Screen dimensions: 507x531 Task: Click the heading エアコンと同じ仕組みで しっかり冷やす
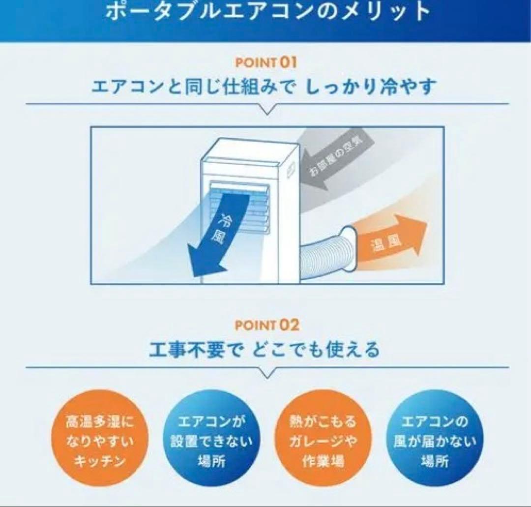pos(264,87)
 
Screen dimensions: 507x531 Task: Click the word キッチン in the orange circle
pos(100,462)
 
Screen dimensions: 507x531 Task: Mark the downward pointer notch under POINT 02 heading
pos(267,373)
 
